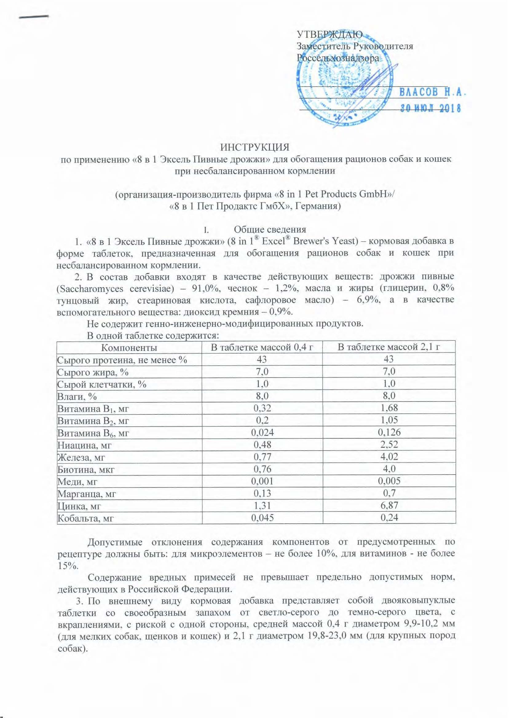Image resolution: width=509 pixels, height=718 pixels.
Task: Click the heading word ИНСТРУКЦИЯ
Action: [x=254, y=147]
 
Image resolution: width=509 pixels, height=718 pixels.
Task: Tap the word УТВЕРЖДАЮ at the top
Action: [x=329, y=34]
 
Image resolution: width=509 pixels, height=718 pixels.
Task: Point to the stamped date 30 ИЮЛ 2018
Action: [x=431, y=109]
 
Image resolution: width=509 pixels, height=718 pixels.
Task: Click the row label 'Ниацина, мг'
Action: [x=84, y=445]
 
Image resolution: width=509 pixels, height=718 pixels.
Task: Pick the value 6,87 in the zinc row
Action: [x=389, y=505]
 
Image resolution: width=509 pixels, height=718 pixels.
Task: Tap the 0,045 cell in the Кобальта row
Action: [x=262, y=517]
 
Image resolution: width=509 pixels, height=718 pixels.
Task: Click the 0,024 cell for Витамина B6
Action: [x=262, y=432]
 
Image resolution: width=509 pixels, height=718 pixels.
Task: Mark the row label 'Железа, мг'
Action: [x=81, y=457]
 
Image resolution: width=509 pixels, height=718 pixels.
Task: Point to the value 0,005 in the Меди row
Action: [x=389, y=481]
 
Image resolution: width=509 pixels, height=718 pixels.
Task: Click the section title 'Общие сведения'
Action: [x=270, y=229]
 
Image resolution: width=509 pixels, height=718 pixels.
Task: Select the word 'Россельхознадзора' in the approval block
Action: [x=338, y=58]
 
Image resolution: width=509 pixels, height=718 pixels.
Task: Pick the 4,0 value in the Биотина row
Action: [x=389, y=468]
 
